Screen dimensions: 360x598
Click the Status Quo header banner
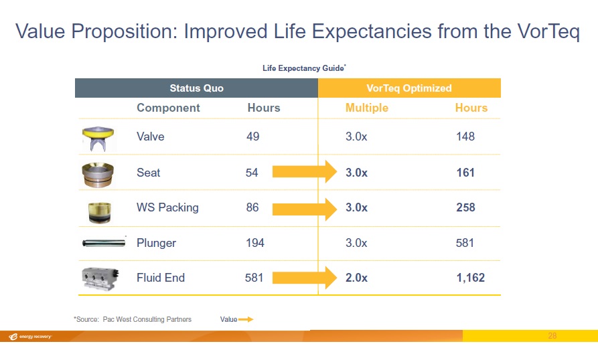[196, 88]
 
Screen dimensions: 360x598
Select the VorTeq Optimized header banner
[409, 88]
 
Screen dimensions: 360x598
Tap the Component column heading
[168, 108]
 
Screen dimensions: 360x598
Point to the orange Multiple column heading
[366, 108]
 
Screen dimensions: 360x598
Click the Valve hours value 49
[252, 137]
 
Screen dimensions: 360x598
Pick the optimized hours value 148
[465, 137]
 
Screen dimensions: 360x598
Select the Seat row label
[148, 173]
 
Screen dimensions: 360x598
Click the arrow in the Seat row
[305, 172]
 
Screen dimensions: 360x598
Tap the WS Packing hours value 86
[252, 207]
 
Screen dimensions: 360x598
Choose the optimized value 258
[465, 207]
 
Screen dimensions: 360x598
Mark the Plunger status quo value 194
[255, 243]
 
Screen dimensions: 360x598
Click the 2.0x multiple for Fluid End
[356, 278]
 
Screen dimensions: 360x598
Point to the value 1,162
[470, 278]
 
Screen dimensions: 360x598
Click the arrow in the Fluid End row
[305, 277]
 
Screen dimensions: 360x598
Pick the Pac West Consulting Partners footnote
[133, 319]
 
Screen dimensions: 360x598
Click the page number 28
[552, 336]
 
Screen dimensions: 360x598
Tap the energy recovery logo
[30, 337]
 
